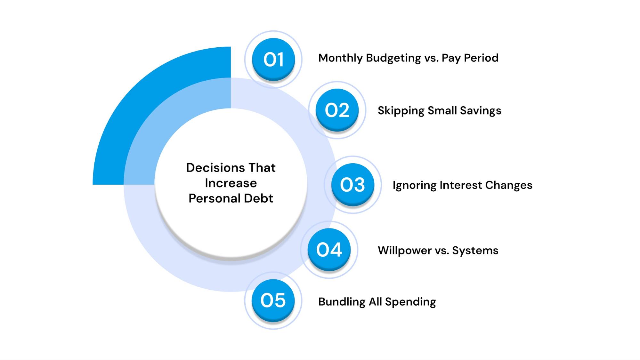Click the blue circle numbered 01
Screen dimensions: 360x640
click(273, 60)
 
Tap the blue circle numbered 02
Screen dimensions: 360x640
click(337, 110)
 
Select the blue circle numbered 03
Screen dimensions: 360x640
click(352, 185)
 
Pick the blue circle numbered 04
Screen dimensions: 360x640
click(329, 250)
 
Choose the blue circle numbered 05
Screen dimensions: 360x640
click(273, 300)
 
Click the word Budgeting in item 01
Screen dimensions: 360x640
click(393, 58)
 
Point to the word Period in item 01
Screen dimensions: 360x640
click(481, 58)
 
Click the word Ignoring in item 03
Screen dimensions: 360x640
click(414, 185)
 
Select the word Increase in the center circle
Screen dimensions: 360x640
click(231, 183)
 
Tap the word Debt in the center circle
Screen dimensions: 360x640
click(258, 198)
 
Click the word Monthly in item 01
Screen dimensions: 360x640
click(341, 58)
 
